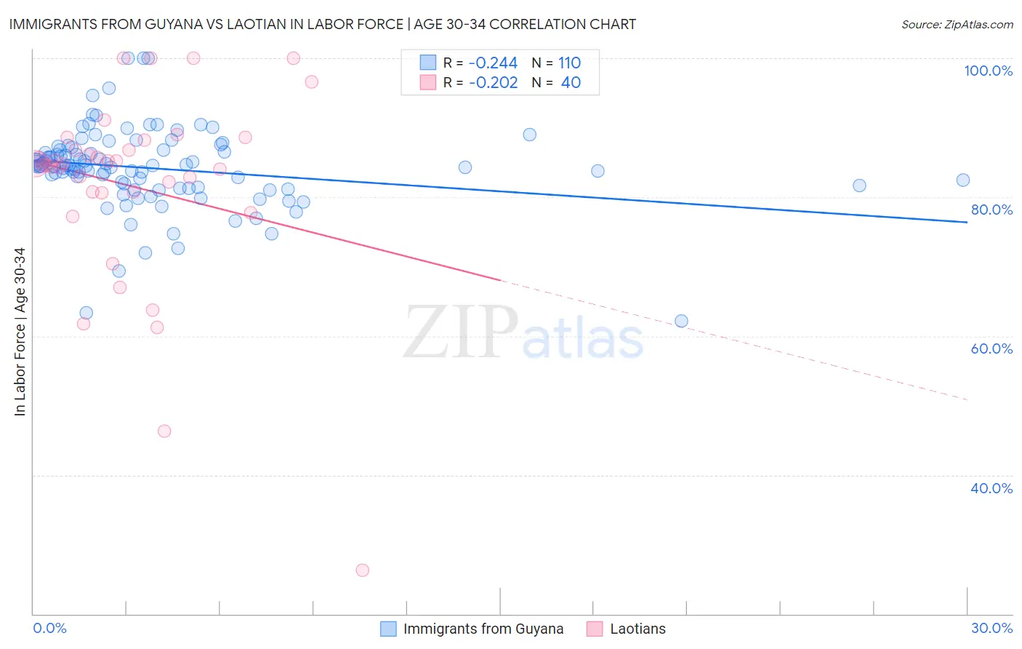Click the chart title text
322,24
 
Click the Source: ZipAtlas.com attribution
957,24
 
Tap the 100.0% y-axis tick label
988,71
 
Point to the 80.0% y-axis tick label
991,210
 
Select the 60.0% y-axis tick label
991,349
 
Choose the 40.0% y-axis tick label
991,488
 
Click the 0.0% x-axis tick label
49,628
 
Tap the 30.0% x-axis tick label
991,628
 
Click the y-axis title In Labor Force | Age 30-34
20,332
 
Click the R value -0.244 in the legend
493,63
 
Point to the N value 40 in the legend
571,83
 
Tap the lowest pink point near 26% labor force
362,570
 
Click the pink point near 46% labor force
164,431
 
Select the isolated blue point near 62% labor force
681,321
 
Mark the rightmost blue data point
963,180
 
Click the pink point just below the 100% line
311,81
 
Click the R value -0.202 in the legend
493,83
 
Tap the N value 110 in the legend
569,63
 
